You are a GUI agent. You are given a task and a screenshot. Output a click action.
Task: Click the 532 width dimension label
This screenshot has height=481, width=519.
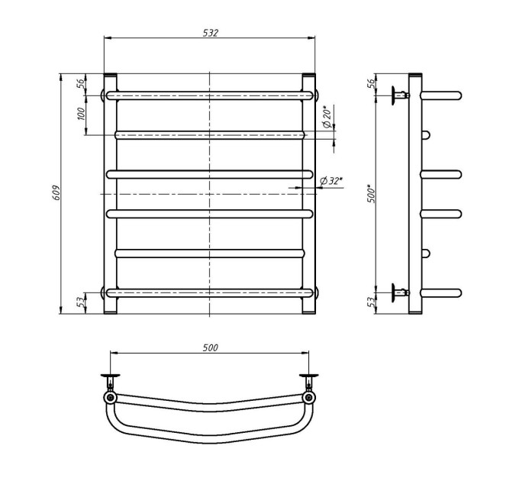click(x=211, y=33)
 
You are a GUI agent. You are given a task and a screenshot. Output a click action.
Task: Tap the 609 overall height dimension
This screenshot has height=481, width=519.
click(x=56, y=192)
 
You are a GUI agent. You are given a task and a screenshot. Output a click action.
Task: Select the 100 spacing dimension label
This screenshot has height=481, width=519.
click(x=81, y=114)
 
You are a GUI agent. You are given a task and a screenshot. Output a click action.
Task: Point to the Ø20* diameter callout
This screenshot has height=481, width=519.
click(x=326, y=117)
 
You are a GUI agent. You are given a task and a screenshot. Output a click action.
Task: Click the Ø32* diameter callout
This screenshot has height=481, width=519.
click(x=331, y=181)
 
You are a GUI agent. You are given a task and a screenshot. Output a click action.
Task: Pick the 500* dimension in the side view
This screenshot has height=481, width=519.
click(x=372, y=194)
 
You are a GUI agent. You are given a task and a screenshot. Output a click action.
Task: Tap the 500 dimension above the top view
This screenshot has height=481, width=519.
click(x=211, y=348)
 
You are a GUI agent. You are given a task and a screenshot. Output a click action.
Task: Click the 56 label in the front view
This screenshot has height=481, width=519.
click(x=81, y=84)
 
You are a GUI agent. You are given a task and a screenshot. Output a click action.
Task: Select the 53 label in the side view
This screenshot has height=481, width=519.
click(x=372, y=301)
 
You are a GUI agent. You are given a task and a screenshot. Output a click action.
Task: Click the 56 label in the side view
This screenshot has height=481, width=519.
click(x=372, y=83)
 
